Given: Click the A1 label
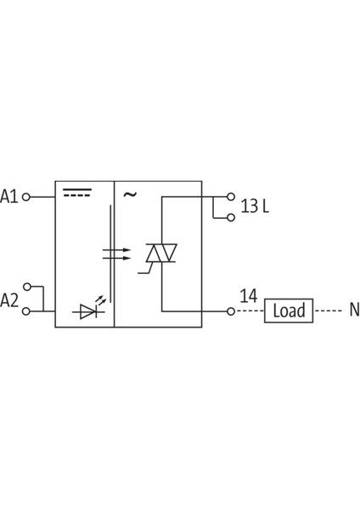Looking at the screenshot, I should point(9,197).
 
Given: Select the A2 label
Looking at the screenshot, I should point(9,299).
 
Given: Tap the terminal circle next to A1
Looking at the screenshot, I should point(25,197).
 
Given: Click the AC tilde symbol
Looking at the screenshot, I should point(129,194).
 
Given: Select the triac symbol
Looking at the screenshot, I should point(161,254).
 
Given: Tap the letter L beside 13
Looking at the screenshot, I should point(265,206).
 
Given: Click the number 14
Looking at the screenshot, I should point(248,296).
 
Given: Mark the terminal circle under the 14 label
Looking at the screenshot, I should point(230,311).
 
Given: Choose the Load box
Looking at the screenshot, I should point(289,310).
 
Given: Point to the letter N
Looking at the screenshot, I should point(354,310).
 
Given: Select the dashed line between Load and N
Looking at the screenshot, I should point(327,310).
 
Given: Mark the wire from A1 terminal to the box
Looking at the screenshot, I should point(42,197).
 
